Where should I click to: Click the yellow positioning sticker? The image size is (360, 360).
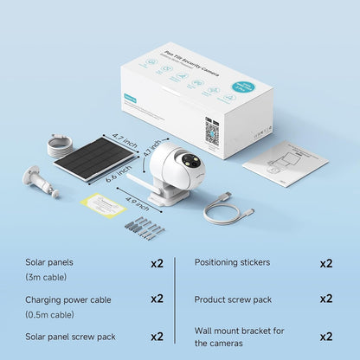103,202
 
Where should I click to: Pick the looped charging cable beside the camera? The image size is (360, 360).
228,208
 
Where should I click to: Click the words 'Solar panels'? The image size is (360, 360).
50,262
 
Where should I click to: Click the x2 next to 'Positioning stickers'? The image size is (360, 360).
325,262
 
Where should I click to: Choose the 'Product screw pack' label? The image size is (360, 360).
233,299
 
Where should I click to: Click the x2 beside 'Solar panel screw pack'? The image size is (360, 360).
157,336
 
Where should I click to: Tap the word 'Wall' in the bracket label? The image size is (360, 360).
203,330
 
